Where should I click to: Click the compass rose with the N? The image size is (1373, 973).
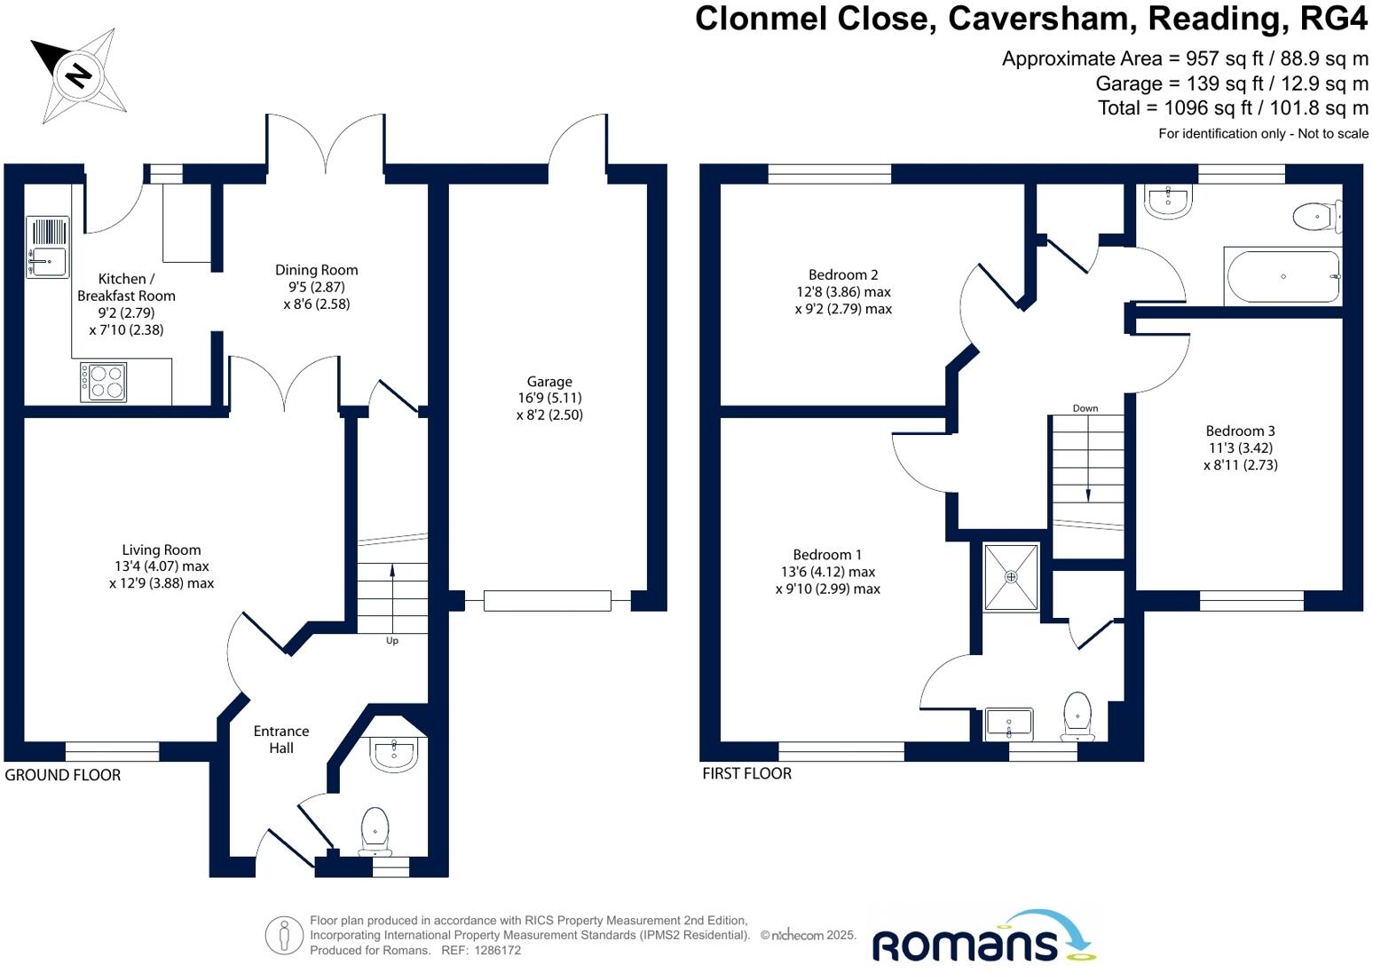(78, 75)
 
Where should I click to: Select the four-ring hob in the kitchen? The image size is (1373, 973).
(104, 383)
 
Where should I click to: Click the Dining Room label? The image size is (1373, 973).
(317, 271)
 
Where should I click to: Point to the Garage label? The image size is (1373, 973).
(549, 382)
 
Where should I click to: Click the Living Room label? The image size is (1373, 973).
(162, 550)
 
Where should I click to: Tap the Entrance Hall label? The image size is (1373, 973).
(281, 740)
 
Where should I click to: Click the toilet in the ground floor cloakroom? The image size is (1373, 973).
(375, 829)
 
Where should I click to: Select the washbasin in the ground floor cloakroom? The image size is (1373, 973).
(393, 755)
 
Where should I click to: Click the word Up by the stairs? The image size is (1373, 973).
(392, 641)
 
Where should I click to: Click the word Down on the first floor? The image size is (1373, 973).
(1085, 408)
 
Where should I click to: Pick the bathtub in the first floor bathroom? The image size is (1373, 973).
(1282, 277)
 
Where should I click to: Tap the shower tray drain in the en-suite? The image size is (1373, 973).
(1011, 577)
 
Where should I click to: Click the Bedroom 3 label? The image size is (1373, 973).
(1240, 431)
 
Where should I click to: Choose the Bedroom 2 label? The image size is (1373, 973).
(843, 275)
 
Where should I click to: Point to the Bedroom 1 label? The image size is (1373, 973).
(827, 555)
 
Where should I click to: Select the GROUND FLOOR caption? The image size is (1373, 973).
(63, 775)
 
